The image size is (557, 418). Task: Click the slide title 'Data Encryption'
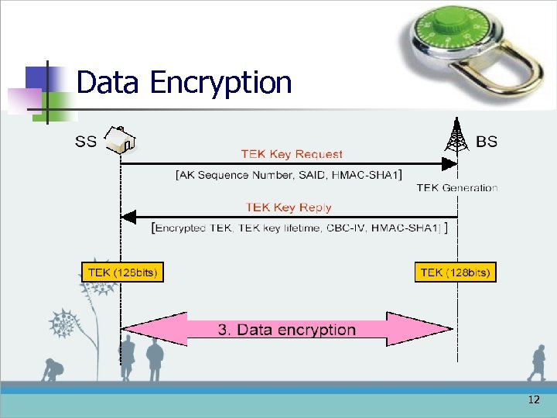184,82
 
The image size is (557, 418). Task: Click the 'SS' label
86,141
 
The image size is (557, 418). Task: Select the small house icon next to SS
121,139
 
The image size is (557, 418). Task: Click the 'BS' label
487,141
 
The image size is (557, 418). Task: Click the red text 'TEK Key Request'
292,154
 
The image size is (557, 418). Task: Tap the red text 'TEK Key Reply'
289,207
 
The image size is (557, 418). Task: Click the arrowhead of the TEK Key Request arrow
449,163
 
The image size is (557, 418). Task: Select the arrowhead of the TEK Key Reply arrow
129,216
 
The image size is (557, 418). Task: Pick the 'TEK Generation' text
456,187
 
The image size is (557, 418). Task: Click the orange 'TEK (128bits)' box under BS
455,272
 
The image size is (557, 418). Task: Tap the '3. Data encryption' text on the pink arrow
287,330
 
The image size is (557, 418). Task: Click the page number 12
534,400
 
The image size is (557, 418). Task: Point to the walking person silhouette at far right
536,364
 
